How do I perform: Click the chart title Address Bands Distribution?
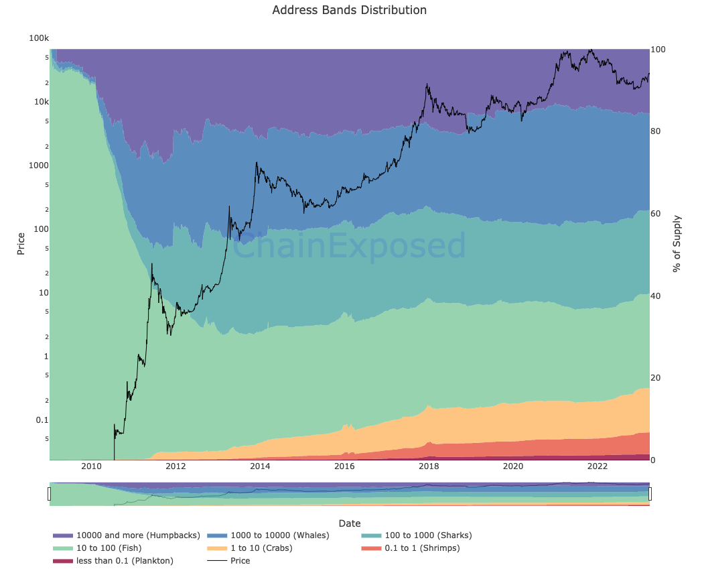tap(349, 10)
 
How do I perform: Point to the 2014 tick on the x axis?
tap(260, 466)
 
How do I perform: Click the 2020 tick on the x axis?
tap(513, 466)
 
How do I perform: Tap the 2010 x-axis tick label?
tap(91, 466)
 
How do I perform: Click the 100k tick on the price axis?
tap(39, 38)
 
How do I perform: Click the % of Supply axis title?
tap(677, 243)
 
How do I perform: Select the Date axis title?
tap(349, 523)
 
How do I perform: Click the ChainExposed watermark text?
tap(349, 245)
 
